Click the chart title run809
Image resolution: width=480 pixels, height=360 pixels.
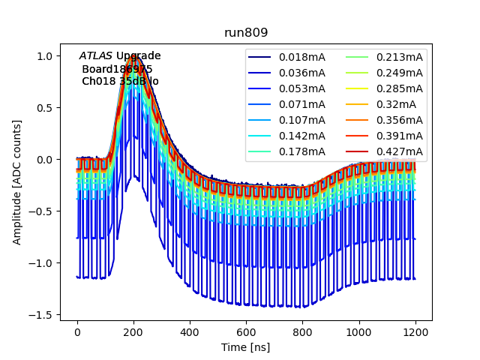point(246,33)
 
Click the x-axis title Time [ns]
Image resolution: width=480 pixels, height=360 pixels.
point(245,347)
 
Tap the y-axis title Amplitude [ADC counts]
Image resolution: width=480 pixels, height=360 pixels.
point(17,181)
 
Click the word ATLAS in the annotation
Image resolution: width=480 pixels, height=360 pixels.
point(95,56)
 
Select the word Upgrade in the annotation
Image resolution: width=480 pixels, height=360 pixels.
point(138,56)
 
